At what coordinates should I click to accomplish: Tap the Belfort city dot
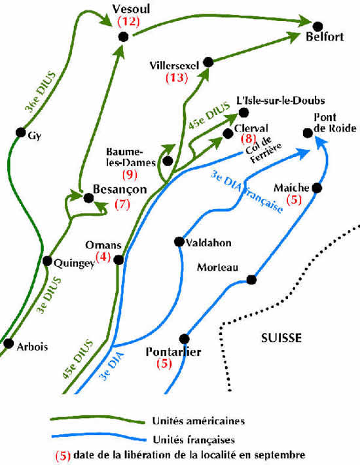coord(317,26)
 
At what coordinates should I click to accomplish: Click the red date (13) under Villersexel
coord(177,78)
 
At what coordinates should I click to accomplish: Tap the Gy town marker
coord(20,133)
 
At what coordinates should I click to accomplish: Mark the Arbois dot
coord(9,343)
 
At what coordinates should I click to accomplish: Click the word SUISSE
coord(280,338)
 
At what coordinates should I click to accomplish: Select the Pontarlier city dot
coord(184,339)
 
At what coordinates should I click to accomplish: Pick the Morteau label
coord(215,267)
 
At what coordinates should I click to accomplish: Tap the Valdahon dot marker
coord(178,241)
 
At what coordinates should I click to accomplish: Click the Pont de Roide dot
coord(308,133)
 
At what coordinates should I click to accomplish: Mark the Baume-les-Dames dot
coord(168,160)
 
